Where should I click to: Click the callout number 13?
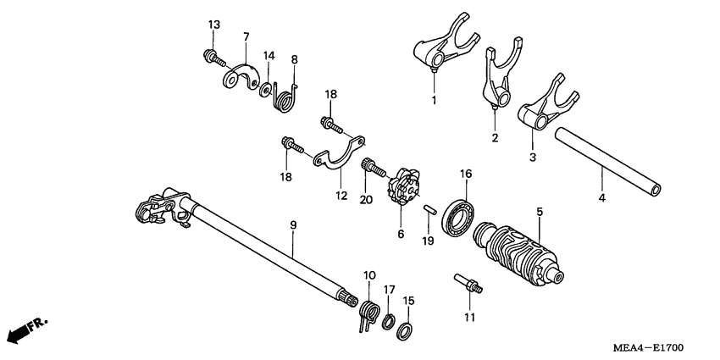(213, 24)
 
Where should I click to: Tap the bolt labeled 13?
(211, 58)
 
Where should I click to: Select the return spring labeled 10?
(369, 313)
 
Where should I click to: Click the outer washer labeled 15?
(406, 329)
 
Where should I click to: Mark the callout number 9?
(293, 225)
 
